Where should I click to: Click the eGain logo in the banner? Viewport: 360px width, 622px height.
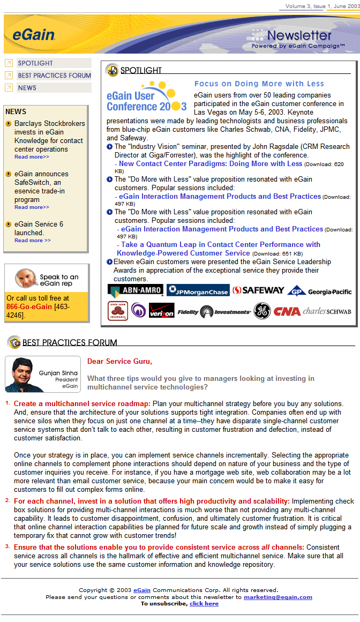[x=33, y=35]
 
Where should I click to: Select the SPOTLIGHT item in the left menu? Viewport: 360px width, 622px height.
[x=35, y=63]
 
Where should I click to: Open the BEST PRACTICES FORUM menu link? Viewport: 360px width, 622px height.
[x=54, y=76]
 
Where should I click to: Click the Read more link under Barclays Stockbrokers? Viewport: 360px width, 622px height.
[x=32, y=157]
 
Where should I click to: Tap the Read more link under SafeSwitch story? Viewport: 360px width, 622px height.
[x=32, y=207]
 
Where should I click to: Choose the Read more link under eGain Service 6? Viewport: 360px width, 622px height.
[x=33, y=241]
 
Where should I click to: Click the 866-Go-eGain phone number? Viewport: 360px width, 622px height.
[x=29, y=307]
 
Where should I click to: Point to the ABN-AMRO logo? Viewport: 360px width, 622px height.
[x=128, y=290]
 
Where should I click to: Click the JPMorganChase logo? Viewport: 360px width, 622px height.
[x=198, y=290]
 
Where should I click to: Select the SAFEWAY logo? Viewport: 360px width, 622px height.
[x=258, y=290]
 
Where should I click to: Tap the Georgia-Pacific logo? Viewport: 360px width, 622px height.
[x=320, y=291]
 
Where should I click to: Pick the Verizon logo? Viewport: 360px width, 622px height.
[x=161, y=311]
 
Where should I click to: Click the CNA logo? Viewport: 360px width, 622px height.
[x=287, y=311]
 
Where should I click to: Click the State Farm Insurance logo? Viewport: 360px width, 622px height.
[x=117, y=310]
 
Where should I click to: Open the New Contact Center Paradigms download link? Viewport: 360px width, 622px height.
[x=211, y=164]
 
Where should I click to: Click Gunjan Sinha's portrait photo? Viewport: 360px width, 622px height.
[x=21, y=374]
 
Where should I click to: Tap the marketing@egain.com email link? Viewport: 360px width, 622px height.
[x=277, y=597]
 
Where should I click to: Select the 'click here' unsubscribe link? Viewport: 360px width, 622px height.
[x=204, y=603]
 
